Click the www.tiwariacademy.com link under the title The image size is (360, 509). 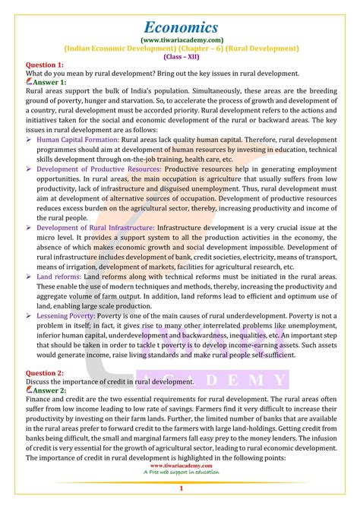179,37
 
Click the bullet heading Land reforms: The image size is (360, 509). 63,277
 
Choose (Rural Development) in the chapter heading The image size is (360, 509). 258,47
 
